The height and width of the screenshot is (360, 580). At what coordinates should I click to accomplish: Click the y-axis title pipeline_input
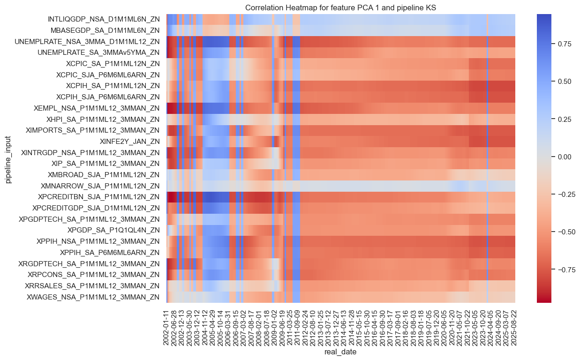(x=8, y=158)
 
